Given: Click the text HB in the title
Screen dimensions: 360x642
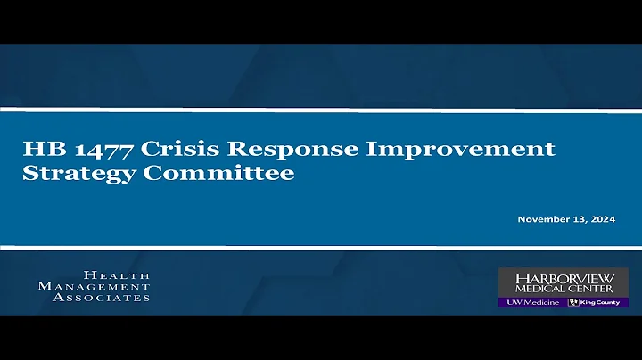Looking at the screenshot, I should click(39, 149).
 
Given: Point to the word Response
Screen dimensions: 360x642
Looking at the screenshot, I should click(251, 150).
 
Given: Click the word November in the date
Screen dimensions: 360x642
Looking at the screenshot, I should click(545, 218).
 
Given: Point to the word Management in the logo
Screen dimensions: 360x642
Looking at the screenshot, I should click(94, 287).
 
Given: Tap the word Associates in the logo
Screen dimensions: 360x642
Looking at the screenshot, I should click(101, 298).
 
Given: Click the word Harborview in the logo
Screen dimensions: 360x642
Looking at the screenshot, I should click(564, 278).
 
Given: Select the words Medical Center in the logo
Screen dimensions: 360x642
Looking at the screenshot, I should click(564, 289).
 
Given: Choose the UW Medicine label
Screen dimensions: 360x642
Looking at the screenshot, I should click(532, 302).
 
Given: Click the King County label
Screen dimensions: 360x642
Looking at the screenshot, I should click(603, 302).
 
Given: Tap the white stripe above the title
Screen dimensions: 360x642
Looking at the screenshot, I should click(321, 110).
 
